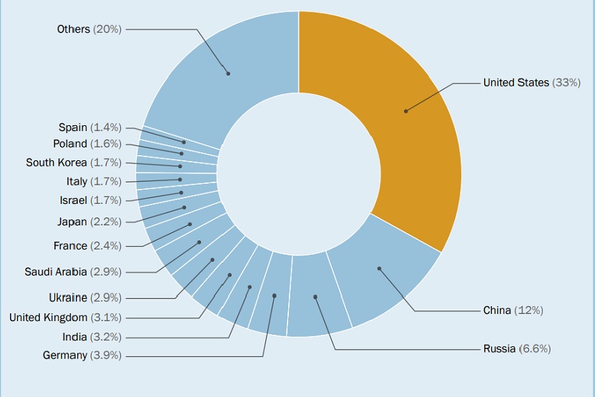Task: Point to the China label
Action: pos(497,310)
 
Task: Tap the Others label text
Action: pos(74,29)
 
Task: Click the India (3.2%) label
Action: pos(91,337)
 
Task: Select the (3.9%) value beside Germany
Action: pos(106,356)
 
